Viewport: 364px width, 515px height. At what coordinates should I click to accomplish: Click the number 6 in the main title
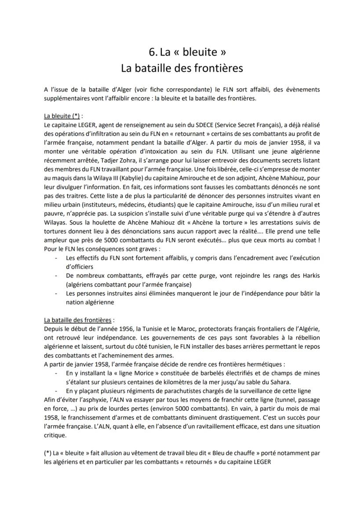coord(152,52)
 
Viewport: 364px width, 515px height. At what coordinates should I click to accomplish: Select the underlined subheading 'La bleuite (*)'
coord(62,116)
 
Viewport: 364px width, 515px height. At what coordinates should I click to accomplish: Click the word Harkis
coord(308,275)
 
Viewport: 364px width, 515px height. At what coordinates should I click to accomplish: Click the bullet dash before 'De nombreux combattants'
coord(56,275)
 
